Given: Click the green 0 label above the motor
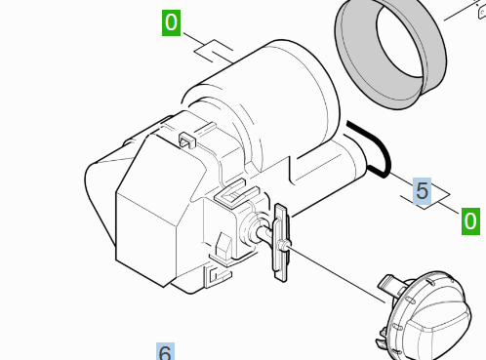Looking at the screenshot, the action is [171, 22].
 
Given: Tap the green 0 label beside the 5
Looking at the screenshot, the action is [470, 221].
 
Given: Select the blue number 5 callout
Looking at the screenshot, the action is [422, 191].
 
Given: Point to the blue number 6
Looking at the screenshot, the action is [165, 351].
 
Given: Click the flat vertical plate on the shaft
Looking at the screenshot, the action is [280, 242].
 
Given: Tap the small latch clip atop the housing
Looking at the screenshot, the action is [187, 140].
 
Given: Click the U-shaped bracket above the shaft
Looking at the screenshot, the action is [235, 194].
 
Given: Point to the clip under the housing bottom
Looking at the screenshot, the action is [218, 275].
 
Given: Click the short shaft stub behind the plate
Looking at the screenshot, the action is [264, 233].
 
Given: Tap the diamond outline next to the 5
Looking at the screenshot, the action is [425, 195].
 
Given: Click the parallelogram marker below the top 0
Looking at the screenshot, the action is [214, 51].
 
